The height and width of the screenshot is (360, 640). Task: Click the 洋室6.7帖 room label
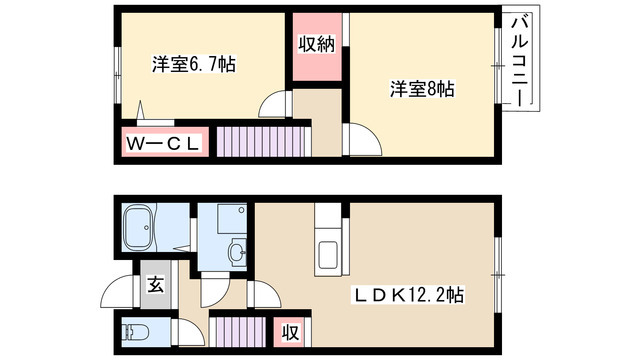pos(194,65)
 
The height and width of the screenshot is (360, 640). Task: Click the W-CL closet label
pos(165,144)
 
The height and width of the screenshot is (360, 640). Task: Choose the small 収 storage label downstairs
pos(291,329)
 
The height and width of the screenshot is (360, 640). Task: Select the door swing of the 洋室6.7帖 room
pos(273,106)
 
